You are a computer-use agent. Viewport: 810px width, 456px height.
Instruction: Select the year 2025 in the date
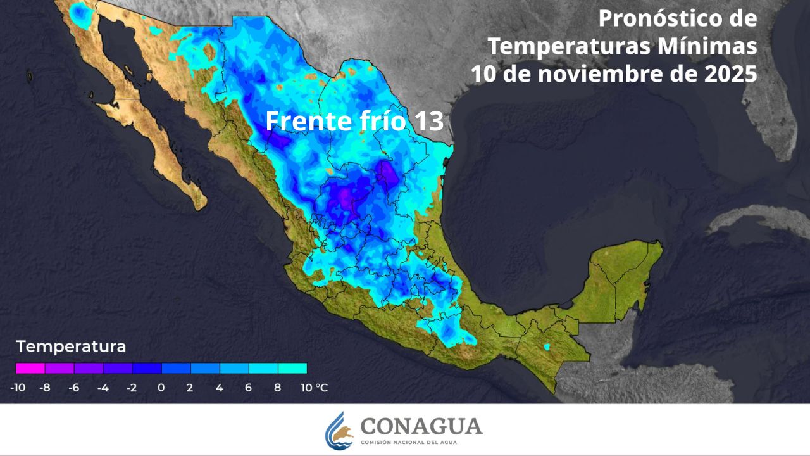[730, 74]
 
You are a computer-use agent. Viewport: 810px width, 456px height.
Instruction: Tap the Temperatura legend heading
[71, 347]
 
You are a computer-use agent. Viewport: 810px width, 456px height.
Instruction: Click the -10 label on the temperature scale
[18, 388]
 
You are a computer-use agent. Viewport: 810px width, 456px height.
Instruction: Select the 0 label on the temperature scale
[161, 388]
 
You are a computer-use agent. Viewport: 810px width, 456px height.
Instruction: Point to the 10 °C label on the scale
[314, 388]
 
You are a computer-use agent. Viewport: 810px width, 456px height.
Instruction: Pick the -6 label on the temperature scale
[73, 388]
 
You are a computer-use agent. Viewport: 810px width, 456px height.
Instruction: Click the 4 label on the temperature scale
[219, 388]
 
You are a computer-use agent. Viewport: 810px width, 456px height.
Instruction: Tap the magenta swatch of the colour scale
[30, 368]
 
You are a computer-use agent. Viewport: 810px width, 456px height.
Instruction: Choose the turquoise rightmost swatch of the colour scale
[292, 368]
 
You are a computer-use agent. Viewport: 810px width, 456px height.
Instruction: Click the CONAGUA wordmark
[421, 426]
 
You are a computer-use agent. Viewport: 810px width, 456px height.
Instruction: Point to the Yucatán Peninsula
[623, 272]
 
